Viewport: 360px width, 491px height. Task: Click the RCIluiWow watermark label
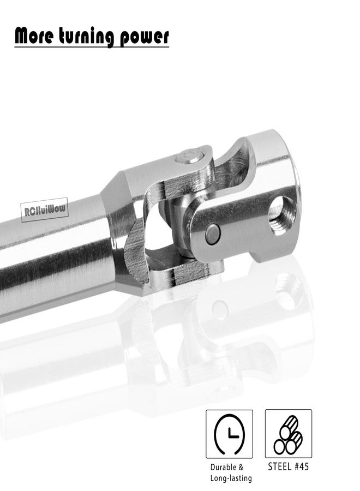(44, 209)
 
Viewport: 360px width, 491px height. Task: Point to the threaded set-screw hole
(283, 215)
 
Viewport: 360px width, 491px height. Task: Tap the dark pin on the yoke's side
(213, 233)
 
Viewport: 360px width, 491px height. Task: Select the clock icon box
(229, 434)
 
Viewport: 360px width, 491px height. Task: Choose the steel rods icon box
(289, 433)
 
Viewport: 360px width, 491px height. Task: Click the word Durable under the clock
(223, 467)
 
